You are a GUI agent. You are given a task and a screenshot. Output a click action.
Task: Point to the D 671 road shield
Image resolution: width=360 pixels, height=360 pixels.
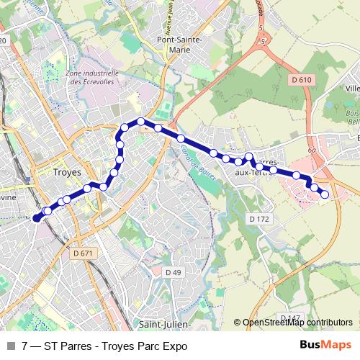coord(84,253)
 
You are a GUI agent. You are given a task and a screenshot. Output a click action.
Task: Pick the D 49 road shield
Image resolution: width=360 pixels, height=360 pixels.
coord(173,272)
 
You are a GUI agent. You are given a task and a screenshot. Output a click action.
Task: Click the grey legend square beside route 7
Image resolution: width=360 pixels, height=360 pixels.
coord(11,346)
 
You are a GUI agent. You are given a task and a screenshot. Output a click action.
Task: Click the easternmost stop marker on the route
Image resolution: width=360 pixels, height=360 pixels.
coord(325,194)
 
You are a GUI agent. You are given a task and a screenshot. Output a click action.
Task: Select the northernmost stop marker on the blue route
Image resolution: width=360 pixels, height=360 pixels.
coord(141,121)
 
